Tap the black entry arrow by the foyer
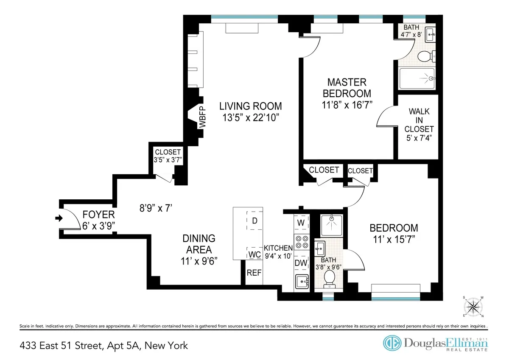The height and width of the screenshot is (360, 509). pos(58,218)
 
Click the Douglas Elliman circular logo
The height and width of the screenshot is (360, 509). pos(392,343)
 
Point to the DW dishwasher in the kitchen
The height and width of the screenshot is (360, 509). pos(301,263)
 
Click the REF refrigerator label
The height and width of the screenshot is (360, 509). pos(254,273)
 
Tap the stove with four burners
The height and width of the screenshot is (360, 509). pos(301,242)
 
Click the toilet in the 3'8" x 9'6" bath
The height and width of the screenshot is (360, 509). pos(329,278)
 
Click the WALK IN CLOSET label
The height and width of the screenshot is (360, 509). pos(419,124)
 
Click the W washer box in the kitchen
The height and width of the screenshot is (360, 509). pos(301,222)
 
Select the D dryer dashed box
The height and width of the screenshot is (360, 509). pos(255,220)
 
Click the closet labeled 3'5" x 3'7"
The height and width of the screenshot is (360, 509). pos(168,156)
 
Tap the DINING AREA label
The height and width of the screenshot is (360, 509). pos(199,244)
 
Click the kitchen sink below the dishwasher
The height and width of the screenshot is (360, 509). pos(301,282)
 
